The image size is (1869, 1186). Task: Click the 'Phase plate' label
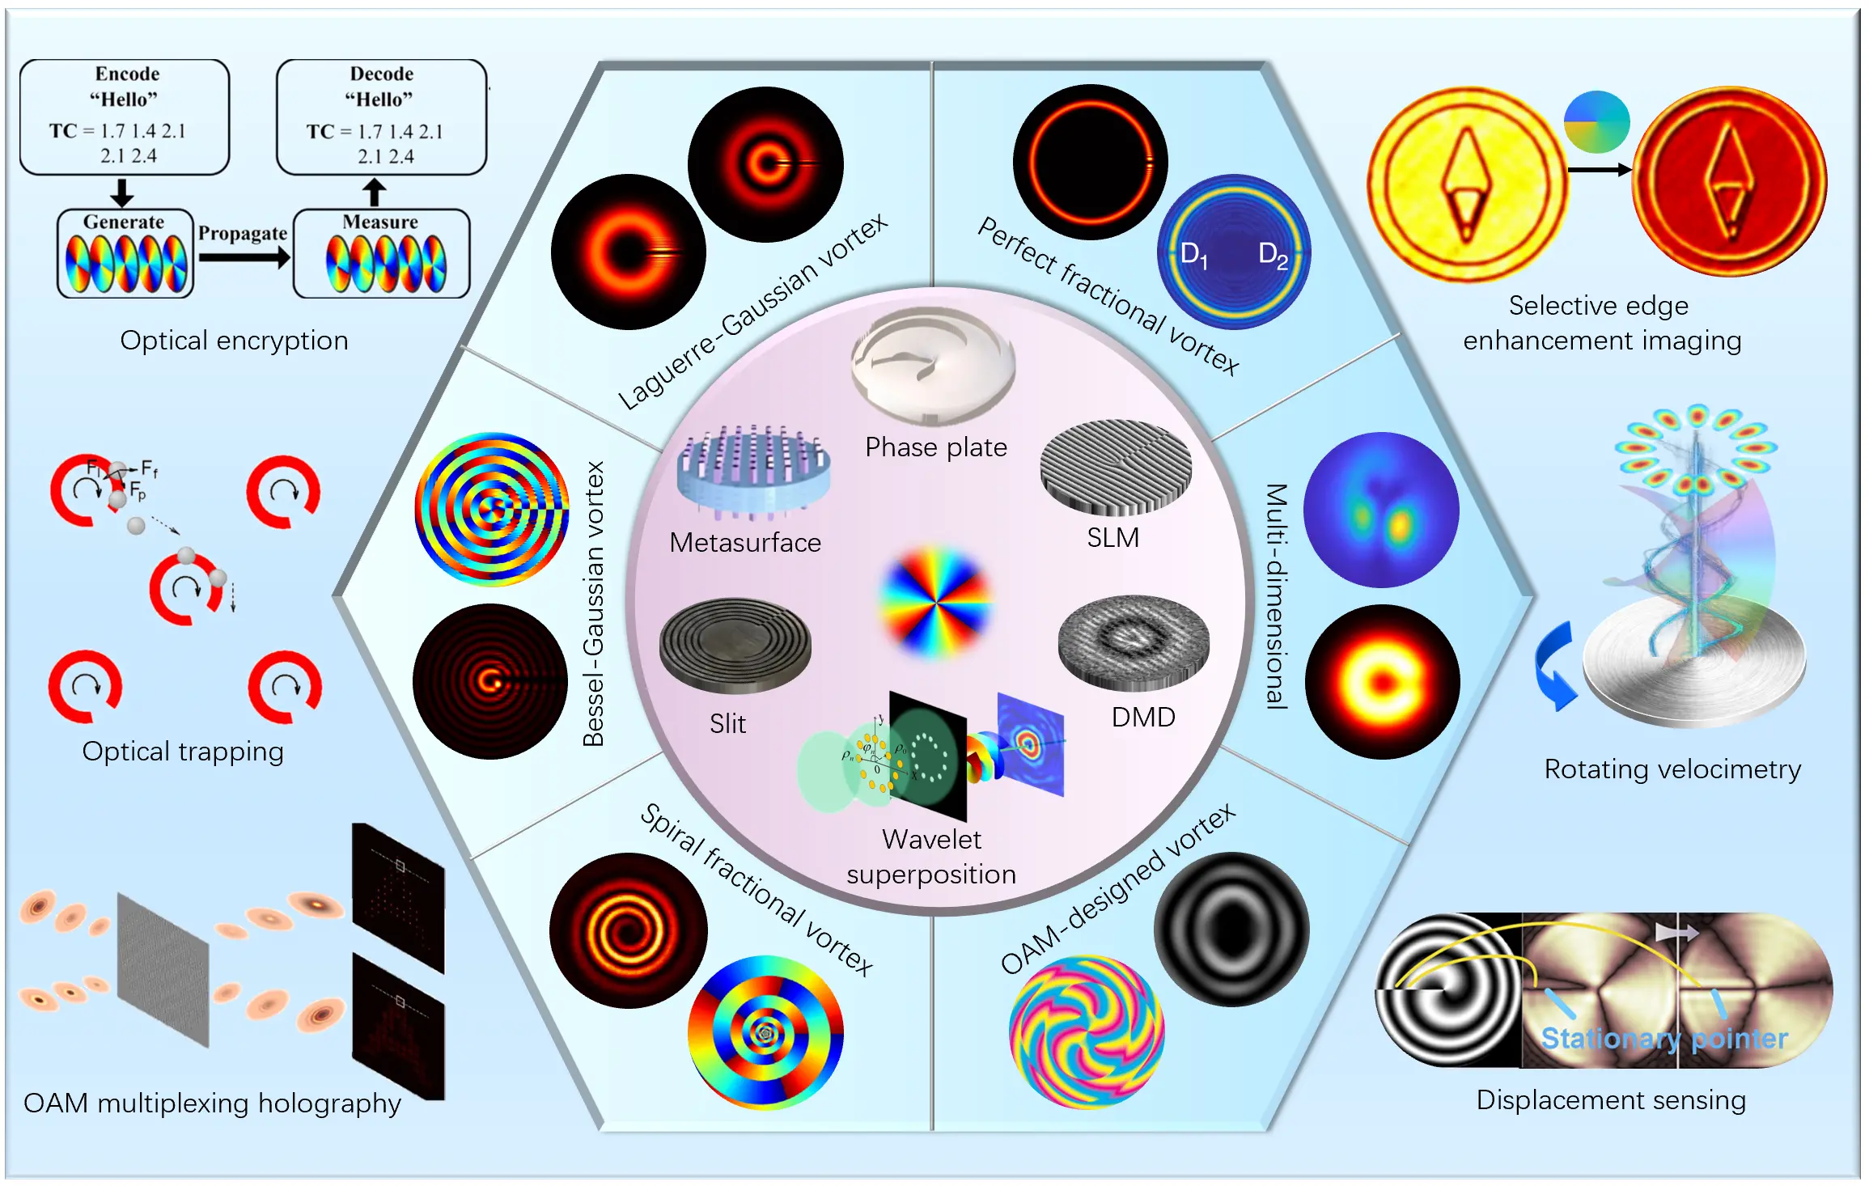pos(936,447)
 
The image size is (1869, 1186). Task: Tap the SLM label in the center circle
pos(1112,538)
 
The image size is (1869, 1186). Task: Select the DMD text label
pos(1142,718)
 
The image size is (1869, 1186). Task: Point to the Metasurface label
pos(745,543)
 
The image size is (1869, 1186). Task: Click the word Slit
pos(727,724)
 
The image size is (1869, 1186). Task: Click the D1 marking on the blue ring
pos(1193,256)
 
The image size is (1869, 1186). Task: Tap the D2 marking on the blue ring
pos(1273,256)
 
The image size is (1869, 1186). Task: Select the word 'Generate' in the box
pos(124,222)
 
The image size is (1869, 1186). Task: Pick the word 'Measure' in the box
pos(380,222)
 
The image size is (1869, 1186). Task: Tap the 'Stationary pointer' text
pos(1663,1039)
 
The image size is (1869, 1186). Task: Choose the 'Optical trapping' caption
pos(183,752)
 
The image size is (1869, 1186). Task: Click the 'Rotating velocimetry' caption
pos(1672,769)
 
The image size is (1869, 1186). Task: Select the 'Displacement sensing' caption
pos(1611,1101)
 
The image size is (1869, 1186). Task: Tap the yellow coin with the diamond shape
pos(1466,184)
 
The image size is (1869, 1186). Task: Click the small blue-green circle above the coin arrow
pos(1596,122)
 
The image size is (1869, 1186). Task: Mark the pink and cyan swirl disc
pos(1087,1032)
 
